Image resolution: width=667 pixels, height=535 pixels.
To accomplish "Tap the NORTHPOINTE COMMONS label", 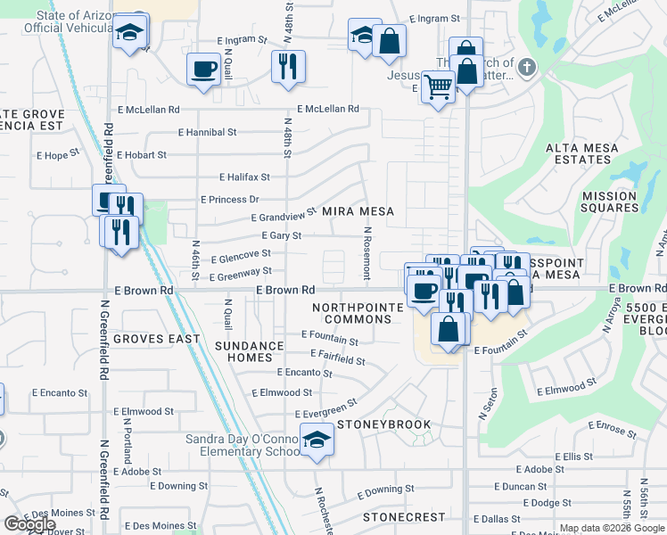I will (352, 313).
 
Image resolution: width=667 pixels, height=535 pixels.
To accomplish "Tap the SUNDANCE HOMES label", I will (250, 351).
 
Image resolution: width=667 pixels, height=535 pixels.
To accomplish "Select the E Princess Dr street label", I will (229, 200).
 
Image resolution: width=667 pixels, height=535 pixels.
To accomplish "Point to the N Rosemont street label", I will (366, 251).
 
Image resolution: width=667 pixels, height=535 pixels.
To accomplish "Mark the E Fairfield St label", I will (335, 359).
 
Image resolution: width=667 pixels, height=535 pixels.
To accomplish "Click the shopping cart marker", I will (438, 87).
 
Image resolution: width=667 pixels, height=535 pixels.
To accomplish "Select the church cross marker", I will (527, 66).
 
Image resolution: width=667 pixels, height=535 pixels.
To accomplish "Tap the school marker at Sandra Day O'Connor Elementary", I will (317, 440).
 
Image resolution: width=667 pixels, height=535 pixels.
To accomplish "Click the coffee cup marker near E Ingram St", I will (203, 69).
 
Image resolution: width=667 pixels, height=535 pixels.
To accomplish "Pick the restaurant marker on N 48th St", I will (288, 66).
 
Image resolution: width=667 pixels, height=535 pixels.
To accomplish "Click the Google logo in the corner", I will (29, 524).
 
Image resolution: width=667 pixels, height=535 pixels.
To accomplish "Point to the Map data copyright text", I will (611, 528).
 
